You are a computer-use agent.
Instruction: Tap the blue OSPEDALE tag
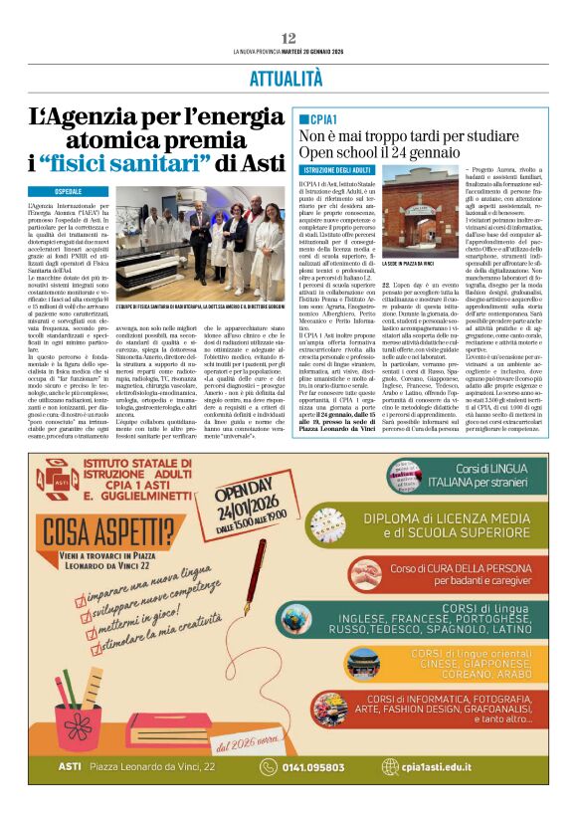(x=55, y=190)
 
